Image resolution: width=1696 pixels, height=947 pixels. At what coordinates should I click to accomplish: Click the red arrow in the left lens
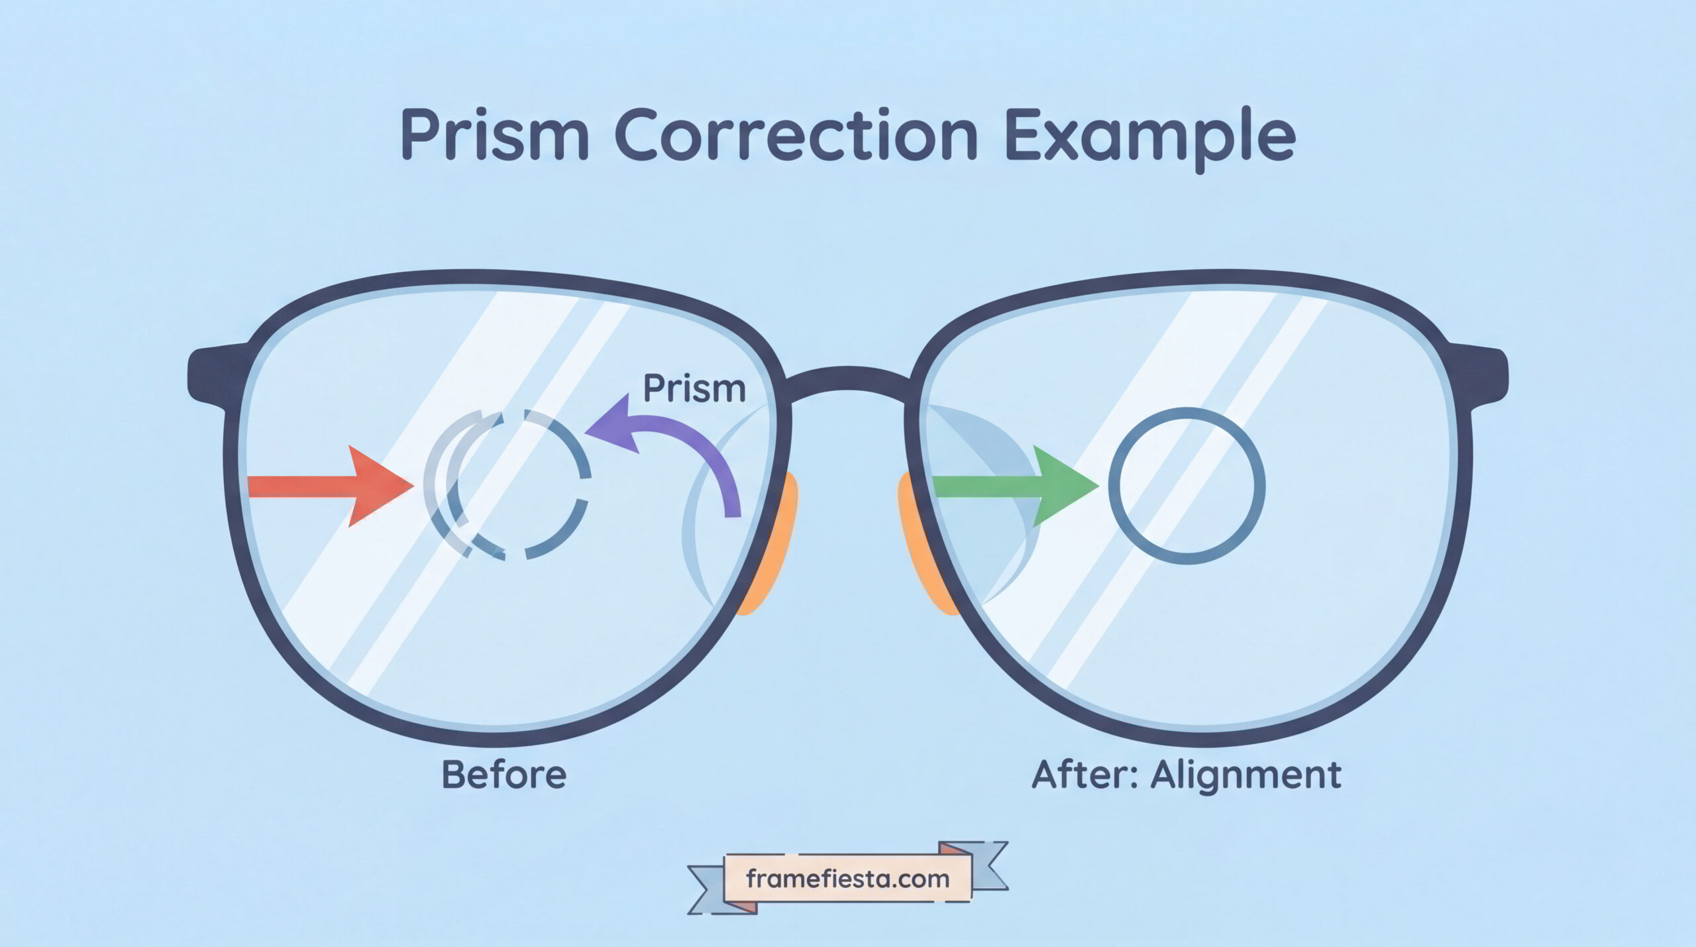coord(331,486)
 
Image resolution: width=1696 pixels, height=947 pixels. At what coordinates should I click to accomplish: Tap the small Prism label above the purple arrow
coord(694,388)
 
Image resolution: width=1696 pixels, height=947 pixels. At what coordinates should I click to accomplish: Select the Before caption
coord(504,774)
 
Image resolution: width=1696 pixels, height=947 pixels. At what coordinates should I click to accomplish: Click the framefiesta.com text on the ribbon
coord(847,879)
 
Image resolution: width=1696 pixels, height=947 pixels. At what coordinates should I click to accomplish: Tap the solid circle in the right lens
coord(1187,409)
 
